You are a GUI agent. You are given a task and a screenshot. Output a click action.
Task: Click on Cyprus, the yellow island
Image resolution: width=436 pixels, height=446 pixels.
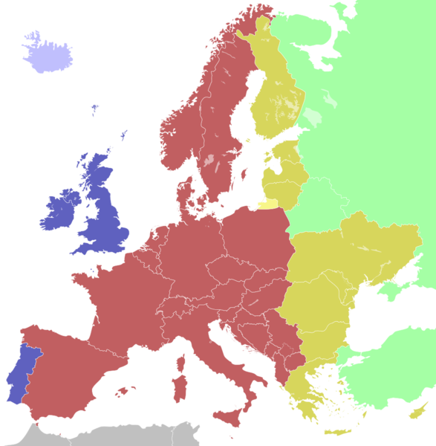(x=419, y=408)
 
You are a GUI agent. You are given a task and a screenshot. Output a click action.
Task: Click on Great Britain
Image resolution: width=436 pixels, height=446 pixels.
(x=104, y=216)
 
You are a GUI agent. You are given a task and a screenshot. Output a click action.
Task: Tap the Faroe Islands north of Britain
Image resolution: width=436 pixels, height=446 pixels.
(x=95, y=110)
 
